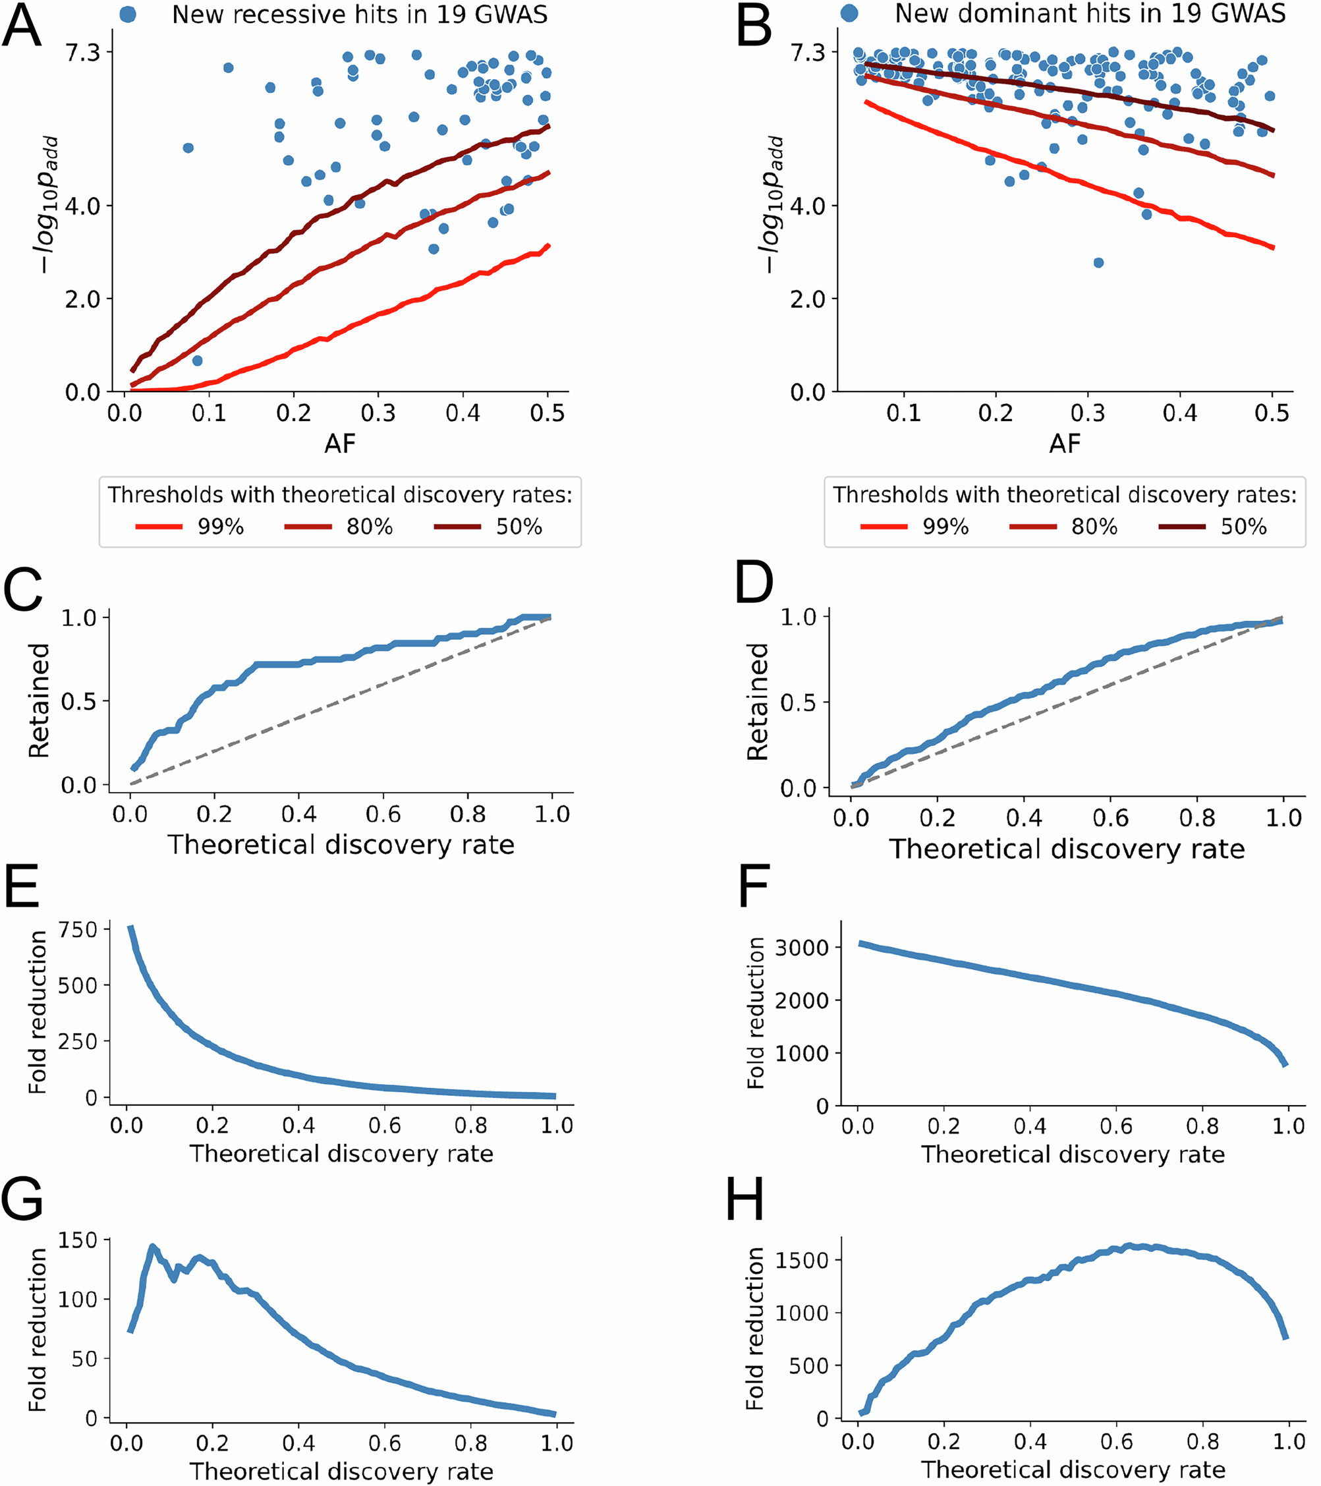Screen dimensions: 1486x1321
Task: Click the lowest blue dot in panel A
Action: pyautogui.click(x=197, y=360)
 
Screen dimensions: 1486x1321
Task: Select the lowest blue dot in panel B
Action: pyautogui.click(x=1098, y=262)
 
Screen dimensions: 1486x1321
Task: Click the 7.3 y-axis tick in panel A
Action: pyautogui.click(x=82, y=52)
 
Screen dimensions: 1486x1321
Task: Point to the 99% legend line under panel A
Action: pyautogui.click(x=159, y=527)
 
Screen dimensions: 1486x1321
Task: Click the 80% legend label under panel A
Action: pyautogui.click(x=370, y=527)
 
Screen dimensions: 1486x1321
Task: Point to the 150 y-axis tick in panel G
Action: pyautogui.click(x=78, y=1240)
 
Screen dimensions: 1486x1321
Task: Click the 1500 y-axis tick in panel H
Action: pyautogui.click(x=802, y=1260)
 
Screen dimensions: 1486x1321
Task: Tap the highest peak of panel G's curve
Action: pyautogui.click(x=153, y=1247)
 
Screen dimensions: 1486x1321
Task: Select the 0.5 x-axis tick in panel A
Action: pyautogui.click(x=547, y=414)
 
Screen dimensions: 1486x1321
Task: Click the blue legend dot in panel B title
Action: pyautogui.click(x=849, y=13)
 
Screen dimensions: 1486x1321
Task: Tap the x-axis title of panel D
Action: pyautogui.click(x=1067, y=849)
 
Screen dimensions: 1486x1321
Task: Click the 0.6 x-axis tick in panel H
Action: pyautogui.click(x=1116, y=1441)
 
